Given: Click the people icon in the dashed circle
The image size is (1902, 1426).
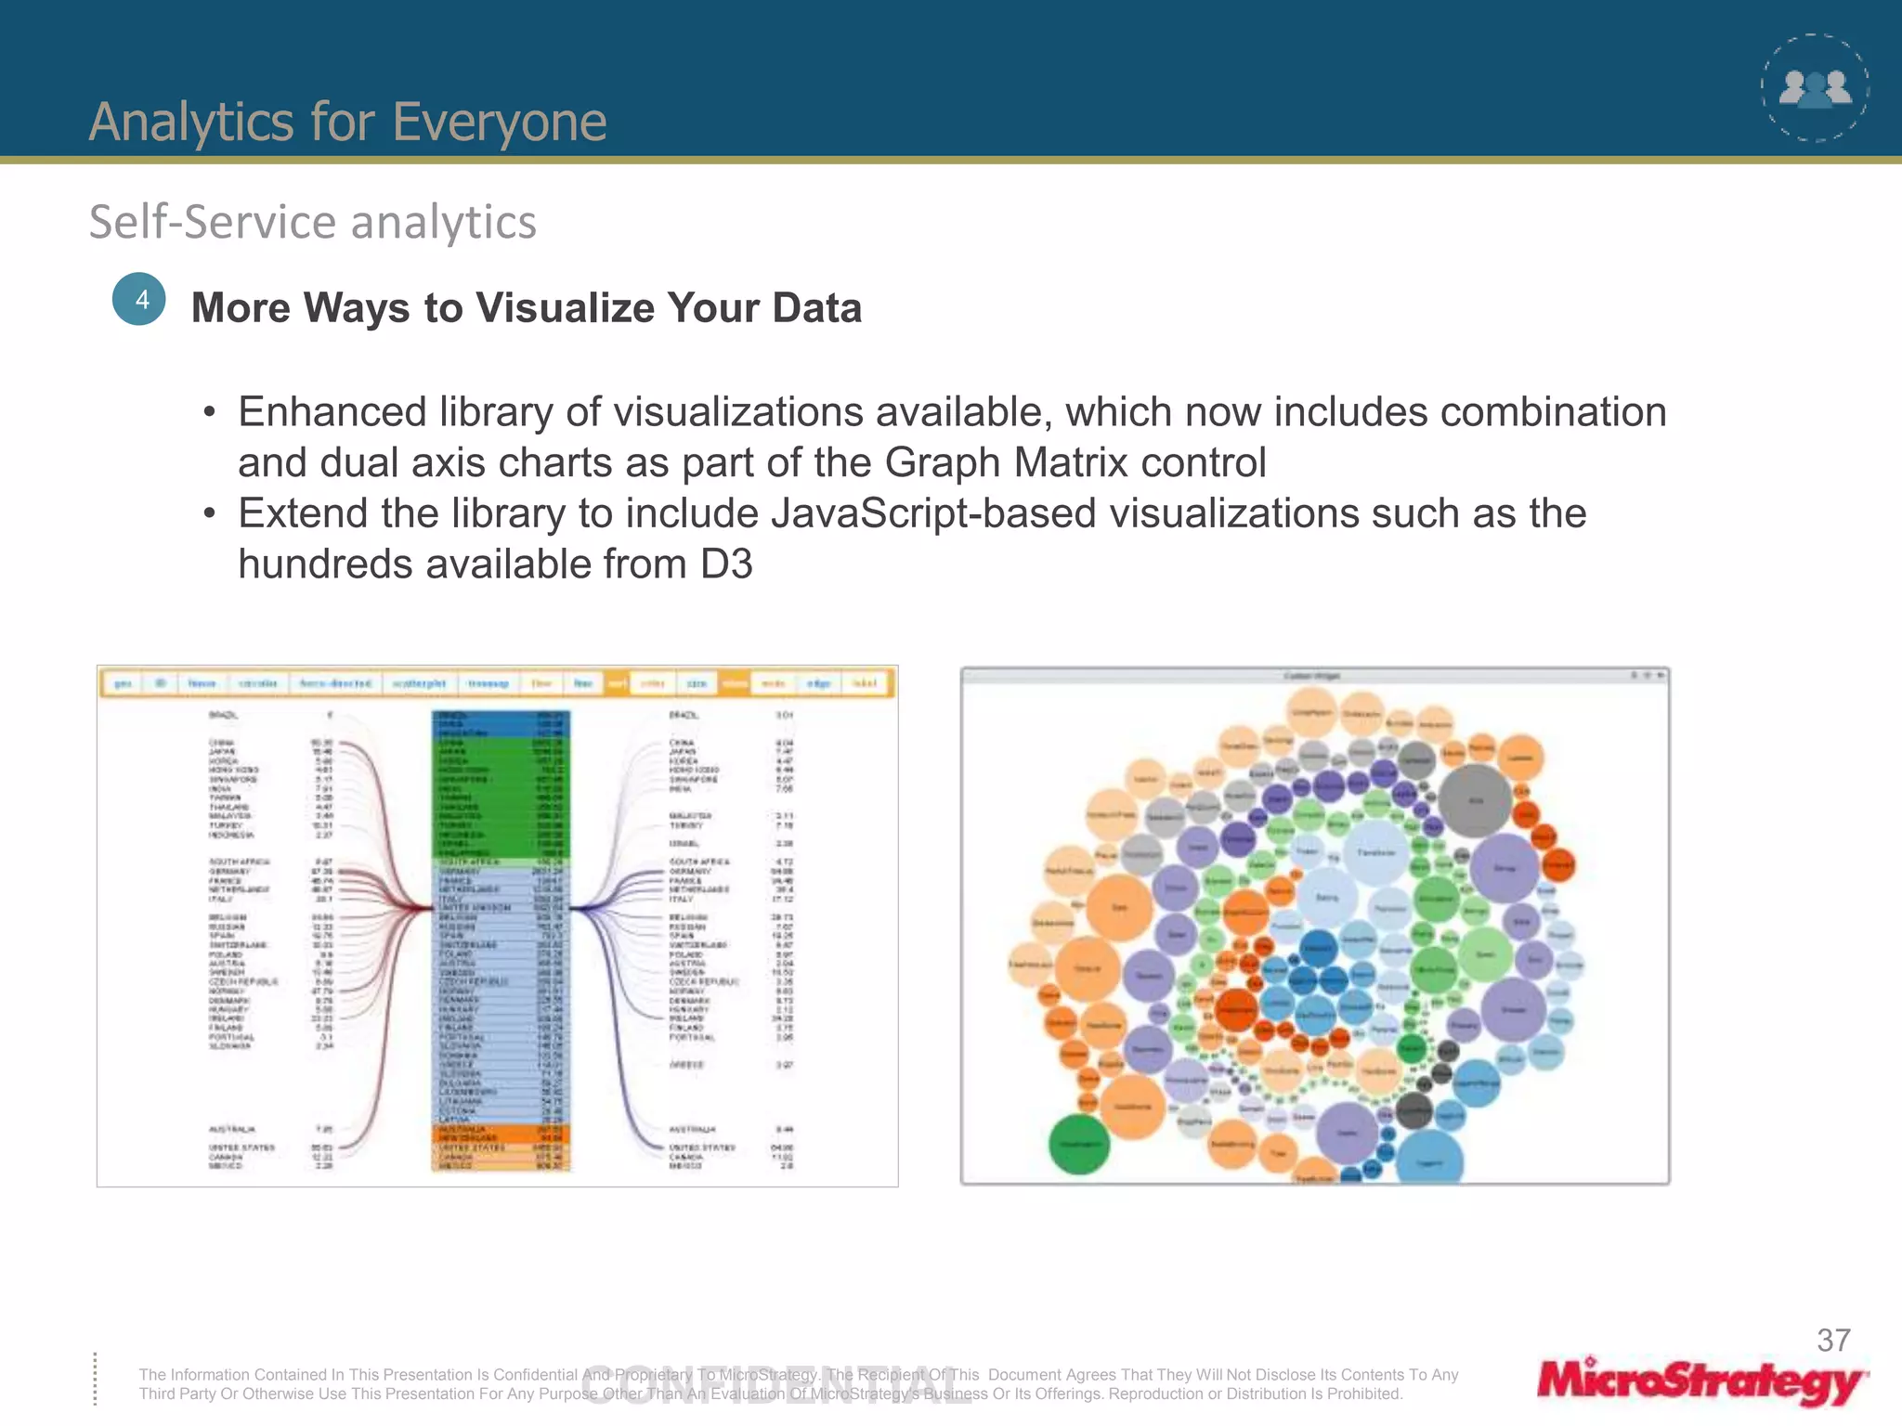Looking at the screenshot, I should click(1815, 89).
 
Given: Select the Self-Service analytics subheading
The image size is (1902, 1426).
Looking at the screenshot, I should click(312, 222).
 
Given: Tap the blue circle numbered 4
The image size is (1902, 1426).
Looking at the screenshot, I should click(139, 299).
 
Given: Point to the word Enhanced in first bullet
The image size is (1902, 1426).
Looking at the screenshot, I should click(332, 412).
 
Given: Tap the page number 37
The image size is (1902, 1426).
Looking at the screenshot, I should click(1833, 1341).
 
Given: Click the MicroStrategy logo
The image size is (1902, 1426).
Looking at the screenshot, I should click(1700, 1381).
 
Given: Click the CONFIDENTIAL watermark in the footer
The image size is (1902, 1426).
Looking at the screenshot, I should click(776, 1387).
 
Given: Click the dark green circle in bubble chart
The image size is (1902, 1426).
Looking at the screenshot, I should click(1078, 1144).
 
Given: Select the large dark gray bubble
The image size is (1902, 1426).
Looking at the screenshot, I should click(1475, 800).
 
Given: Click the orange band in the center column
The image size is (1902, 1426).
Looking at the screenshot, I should click(501, 1135).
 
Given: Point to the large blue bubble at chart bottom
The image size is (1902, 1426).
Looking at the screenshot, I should click(1429, 1160).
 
